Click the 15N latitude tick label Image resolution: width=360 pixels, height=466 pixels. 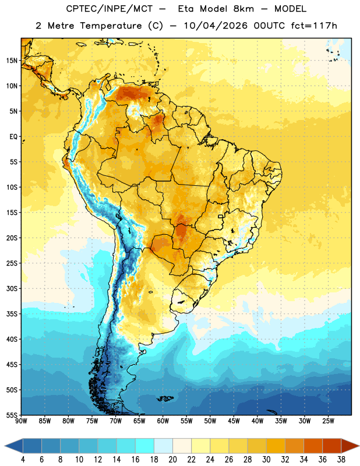coord(12,61)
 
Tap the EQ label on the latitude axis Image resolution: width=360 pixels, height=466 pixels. coord(13,137)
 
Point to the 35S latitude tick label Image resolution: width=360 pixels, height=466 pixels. coord(12,314)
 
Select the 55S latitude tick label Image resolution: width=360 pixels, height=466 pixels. coord(12,415)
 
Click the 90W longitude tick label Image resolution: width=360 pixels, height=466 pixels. coord(21,421)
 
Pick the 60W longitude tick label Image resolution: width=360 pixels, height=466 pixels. coord(163,421)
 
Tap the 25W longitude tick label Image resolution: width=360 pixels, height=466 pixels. coord(328,421)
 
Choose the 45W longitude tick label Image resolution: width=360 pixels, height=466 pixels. coord(234,421)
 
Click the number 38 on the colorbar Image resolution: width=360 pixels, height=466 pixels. coord(341,460)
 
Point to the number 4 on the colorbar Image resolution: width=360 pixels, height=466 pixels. coord(23,460)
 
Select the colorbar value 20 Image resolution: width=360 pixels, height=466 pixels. coord(172,460)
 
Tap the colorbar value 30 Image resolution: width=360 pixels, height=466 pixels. coord(266,460)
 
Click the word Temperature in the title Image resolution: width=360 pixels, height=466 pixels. coord(111,26)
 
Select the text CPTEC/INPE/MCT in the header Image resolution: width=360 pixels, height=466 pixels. coord(110,9)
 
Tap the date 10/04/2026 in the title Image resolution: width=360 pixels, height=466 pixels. coord(216,26)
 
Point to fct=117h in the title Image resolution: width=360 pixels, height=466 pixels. coord(314,26)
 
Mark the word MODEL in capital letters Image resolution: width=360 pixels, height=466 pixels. coord(291,9)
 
